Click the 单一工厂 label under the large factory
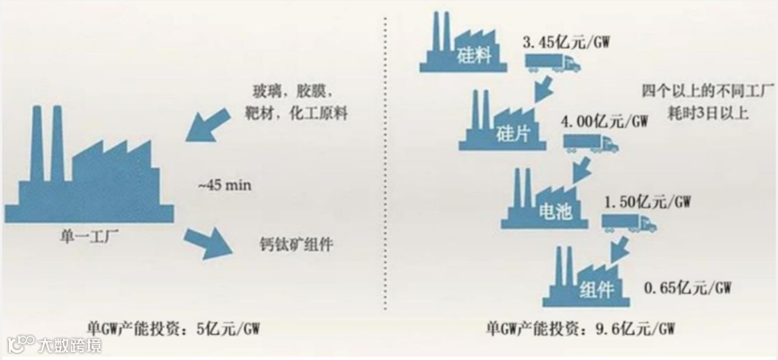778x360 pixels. [87, 240]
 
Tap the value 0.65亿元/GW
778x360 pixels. [687, 288]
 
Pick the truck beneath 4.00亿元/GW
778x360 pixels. [591, 142]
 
